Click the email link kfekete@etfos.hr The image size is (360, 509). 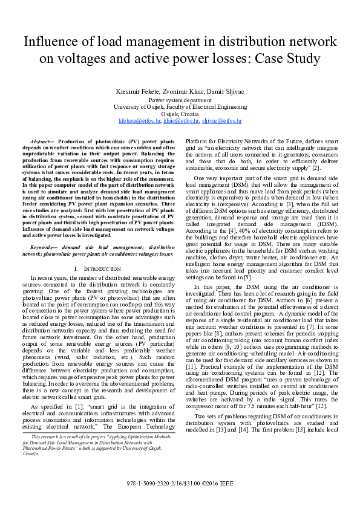click(140, 121)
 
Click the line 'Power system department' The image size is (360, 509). click(180, 99)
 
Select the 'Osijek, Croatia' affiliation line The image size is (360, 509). click(180, 114)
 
